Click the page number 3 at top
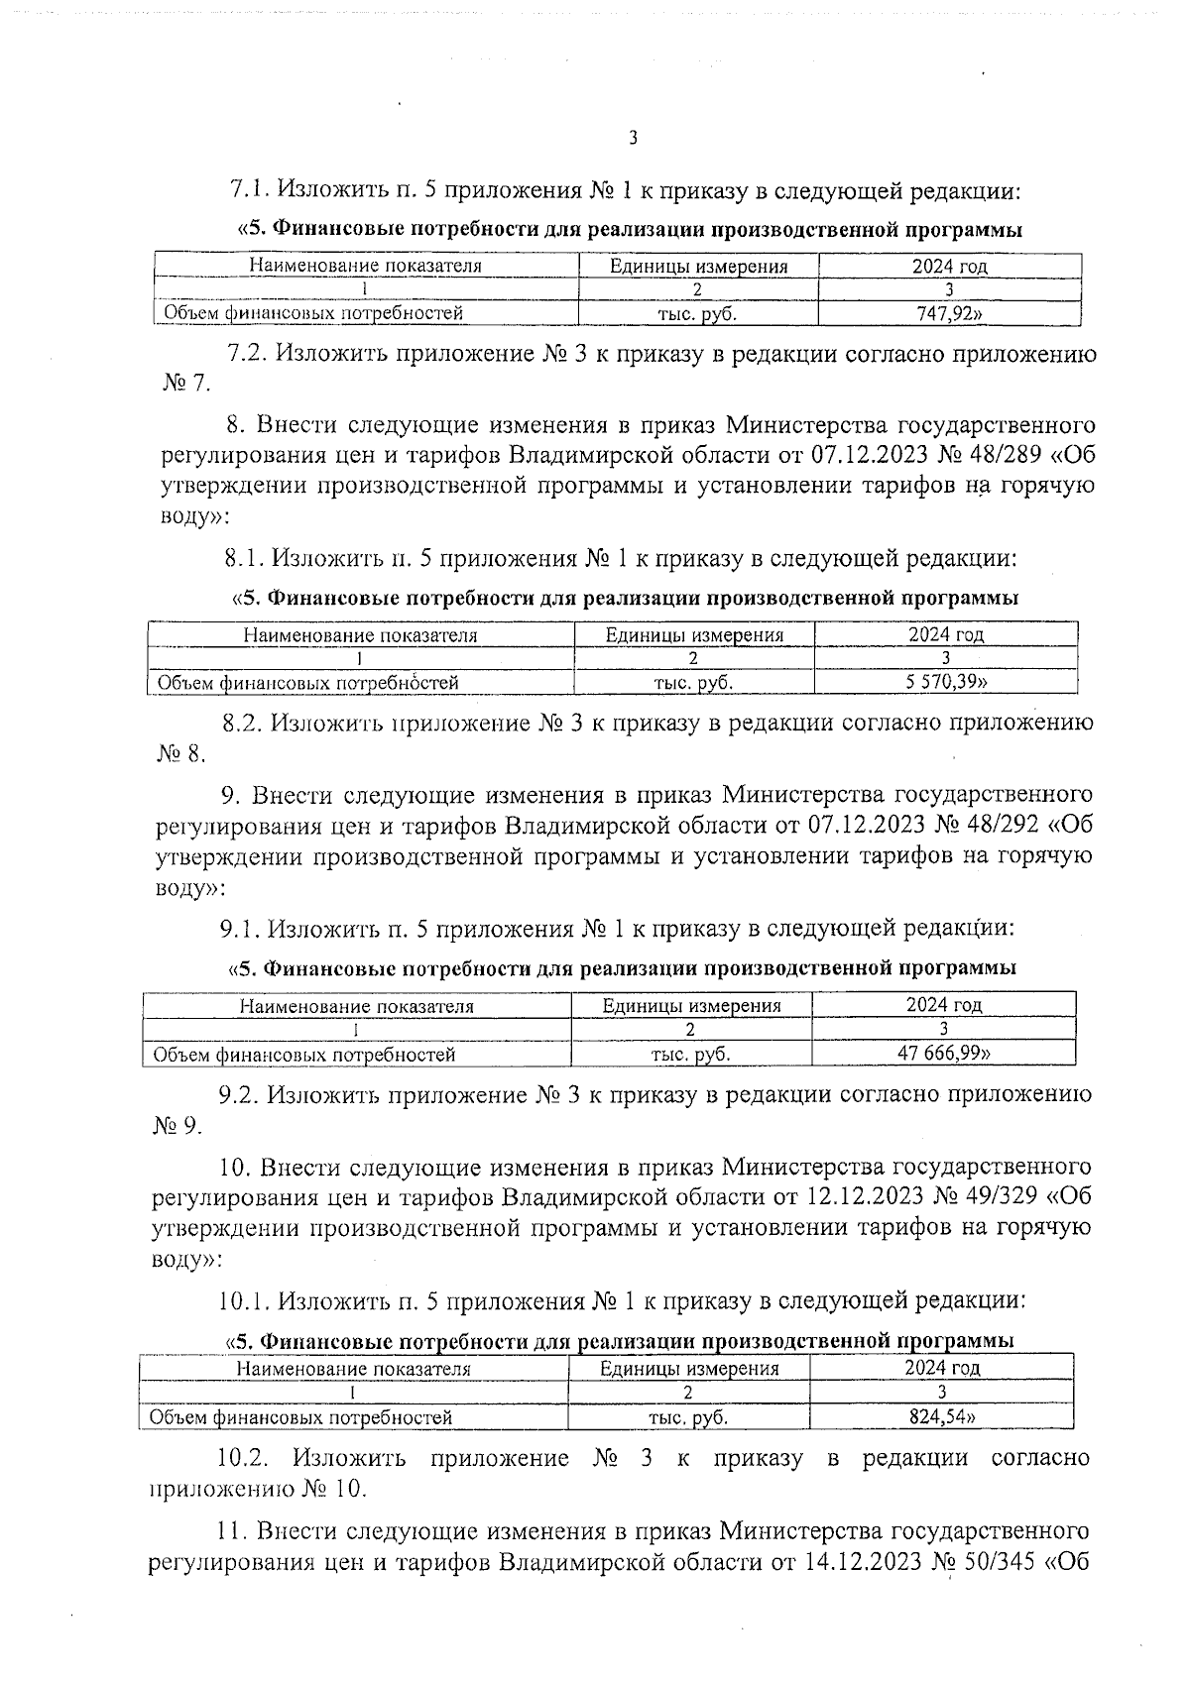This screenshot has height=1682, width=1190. tap(633, 138)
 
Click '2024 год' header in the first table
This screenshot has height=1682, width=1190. tap(949, 266)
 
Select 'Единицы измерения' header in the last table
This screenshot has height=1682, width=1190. tap(689, 1369)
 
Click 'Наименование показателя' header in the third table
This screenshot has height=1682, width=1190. tap(357, 1006)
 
